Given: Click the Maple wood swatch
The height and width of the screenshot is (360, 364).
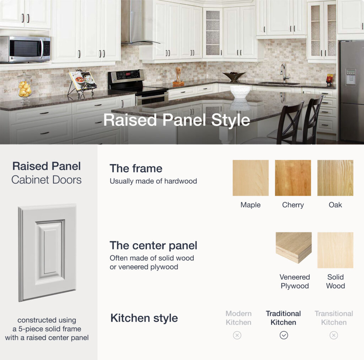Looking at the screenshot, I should pyautogui.click(x=251, y=178).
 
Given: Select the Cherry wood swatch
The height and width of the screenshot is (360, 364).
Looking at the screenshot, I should pyautogui.click(x=293, y=178).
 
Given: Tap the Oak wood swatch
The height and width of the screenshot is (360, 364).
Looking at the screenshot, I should pyautogui.click(x=335, y=178).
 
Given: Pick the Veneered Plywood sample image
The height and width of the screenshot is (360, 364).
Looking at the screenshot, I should pyautogui.click(x=294, y=248).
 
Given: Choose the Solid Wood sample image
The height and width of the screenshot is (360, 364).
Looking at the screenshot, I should pyautogui.click(x=335, y=250).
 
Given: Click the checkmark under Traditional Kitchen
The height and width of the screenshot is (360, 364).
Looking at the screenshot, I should pyautogui.click(x=284, y=335).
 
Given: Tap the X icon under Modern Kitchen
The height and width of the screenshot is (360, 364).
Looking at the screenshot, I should pyautogui.click(x=237, y=335).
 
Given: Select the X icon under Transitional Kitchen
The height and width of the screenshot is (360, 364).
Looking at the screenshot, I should pyautogui.click(x=333, y=335).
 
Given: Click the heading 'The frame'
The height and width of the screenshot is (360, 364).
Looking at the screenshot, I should pyautogui.click(x=136, y=168).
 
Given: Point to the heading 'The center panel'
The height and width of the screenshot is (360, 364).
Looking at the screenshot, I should pyautogui.click(x=153, y=245).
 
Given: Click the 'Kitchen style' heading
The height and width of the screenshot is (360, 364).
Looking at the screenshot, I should pyautogui.click(x=144, y=318).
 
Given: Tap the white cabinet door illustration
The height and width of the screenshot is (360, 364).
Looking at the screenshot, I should pyautogui.click(x=47, y=252).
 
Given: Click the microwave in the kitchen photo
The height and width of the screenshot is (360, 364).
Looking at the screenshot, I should pyautogui.click(x=25, y=49).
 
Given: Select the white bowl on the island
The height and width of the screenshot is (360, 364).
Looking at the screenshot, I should pyautogui.click(x=240, y=92).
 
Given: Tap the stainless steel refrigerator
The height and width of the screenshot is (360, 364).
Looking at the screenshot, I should pyautogui.click(x=351, y=91).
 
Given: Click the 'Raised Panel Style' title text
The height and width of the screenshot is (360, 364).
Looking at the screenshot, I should pyautogui.click(x=177, y=120).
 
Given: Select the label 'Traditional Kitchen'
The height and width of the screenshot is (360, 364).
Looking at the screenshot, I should pyautogui.click(x=283, y=318).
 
